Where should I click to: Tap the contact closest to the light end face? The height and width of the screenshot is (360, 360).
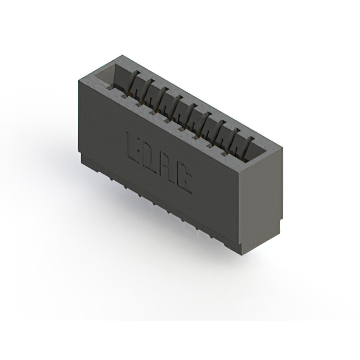click(249, 148)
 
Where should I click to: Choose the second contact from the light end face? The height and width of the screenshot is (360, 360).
click(234, 141)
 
